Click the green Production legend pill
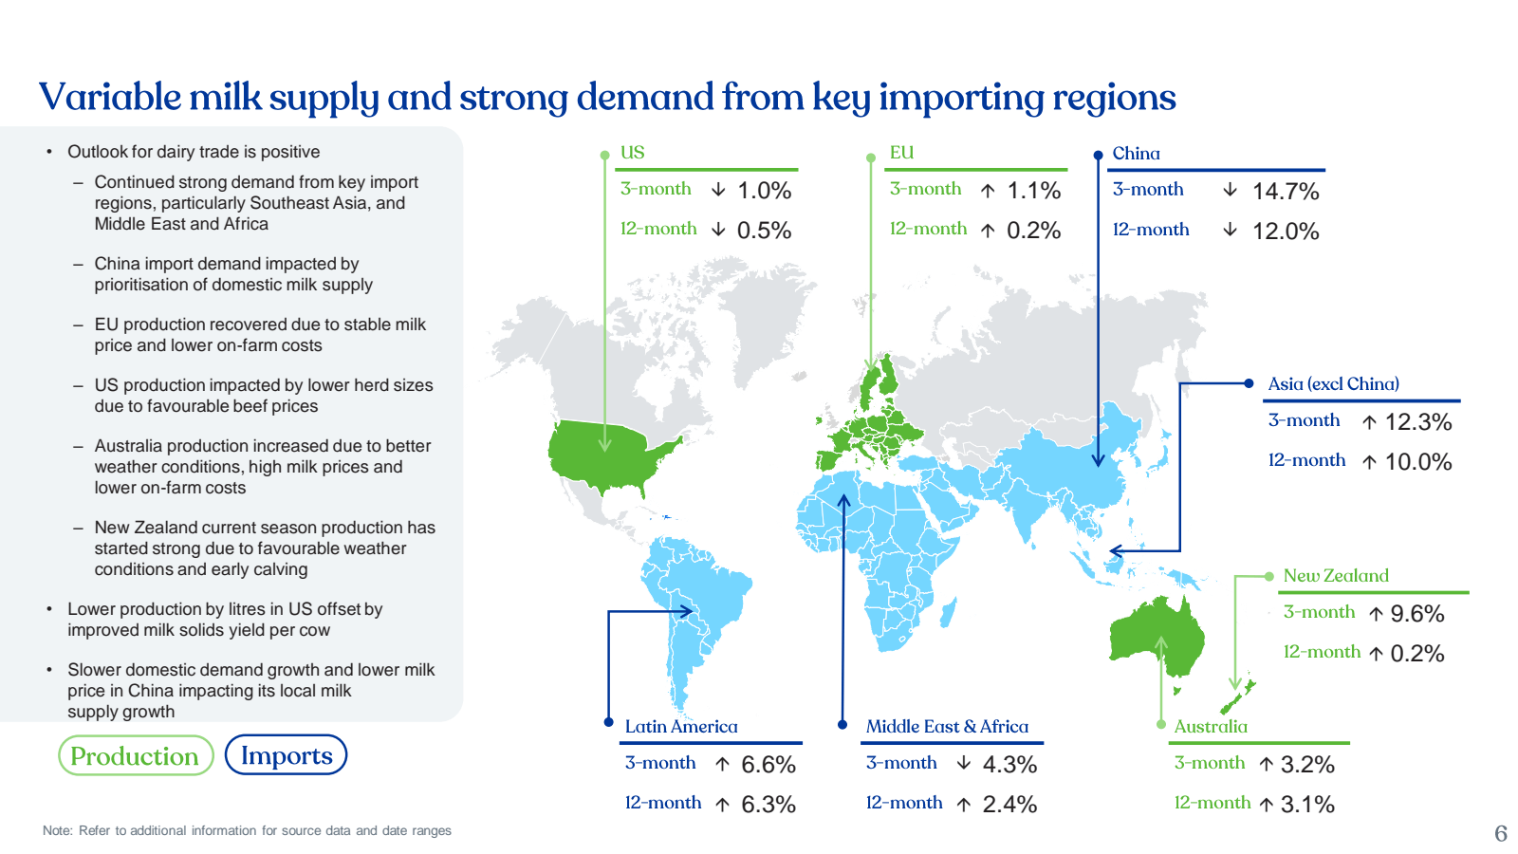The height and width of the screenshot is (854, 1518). tap(135, 755)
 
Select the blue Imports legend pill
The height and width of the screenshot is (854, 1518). tap(286, 755)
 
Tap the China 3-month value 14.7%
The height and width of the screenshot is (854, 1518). tap(1286, 192)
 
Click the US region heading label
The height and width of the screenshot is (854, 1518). tap(632, 153)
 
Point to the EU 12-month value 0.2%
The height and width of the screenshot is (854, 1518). tap(1033, 231)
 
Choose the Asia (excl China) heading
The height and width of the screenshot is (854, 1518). tap(1333, 384)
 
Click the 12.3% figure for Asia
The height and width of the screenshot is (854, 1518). tap(1418, 422)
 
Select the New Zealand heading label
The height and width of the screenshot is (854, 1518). tap(1336, 576)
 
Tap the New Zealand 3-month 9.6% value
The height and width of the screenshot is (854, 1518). tap(1416, 614)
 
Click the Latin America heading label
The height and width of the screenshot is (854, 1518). tap(681, 727)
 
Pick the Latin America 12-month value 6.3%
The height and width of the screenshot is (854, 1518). tap(768, 805)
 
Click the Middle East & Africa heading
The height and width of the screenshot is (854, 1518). tap(947, 727)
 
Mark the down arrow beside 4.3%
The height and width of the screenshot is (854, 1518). tap(964, 764)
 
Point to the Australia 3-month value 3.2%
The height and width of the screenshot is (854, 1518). tap(1307, 765)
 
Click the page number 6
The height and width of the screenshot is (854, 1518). tap(1500, 833)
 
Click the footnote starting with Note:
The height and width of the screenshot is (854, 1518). tap(247, 831)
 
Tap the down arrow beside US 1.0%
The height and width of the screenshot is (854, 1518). tap(718, 191)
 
